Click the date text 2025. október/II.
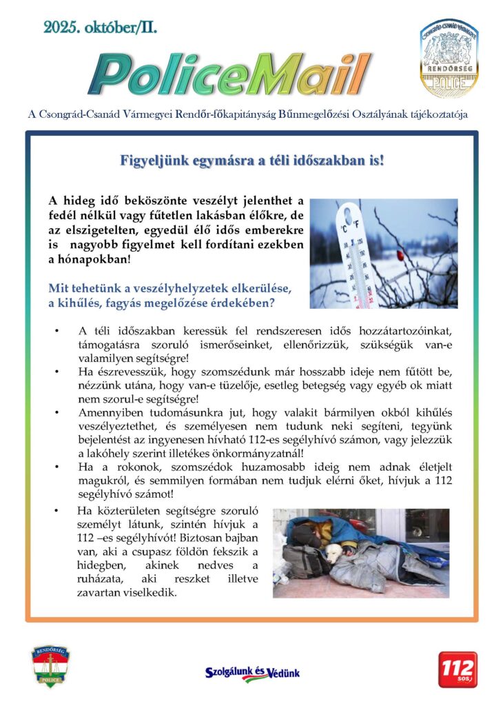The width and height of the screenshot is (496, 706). click(101, 28)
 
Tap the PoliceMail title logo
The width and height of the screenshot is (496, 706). click(229, 74)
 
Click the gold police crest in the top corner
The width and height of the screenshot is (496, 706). click(449, 58)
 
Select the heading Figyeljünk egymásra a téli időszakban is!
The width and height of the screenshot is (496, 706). click(251, 161)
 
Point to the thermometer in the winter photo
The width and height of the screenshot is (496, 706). click(350, 252)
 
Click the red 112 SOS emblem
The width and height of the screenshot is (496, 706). click(457, 669)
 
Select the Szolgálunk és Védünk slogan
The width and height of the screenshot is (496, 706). click(253, 673)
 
